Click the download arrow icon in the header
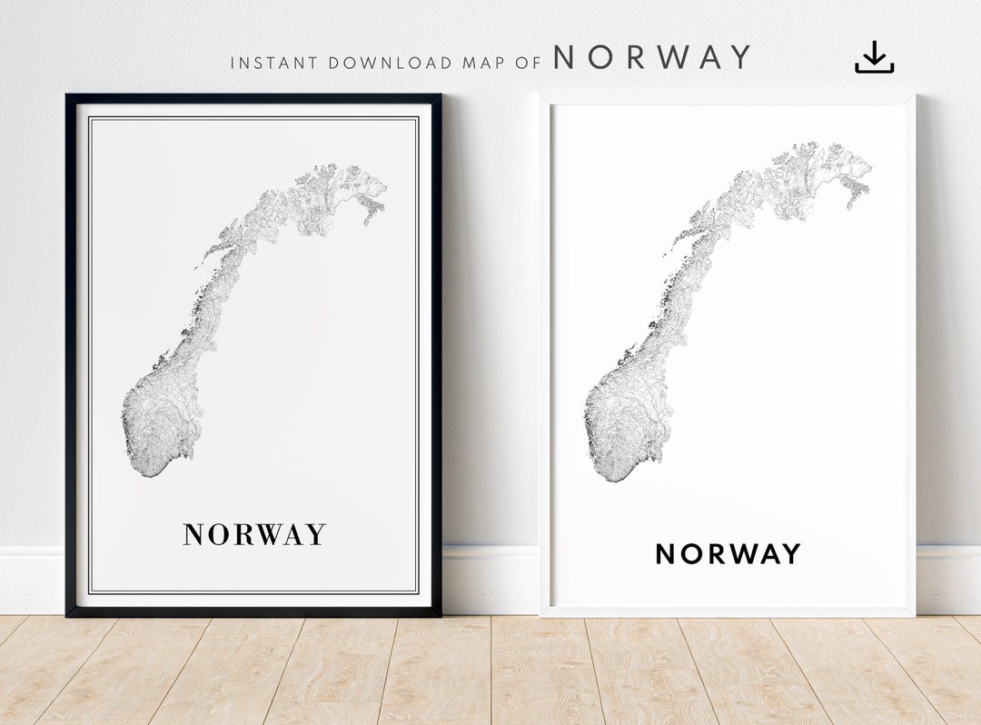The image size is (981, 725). point(874,57)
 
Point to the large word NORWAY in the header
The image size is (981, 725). point(652,57)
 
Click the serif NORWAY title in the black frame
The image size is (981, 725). point(254,534)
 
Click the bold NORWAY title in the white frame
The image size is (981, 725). point(728,553)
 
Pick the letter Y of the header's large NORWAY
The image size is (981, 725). point(739,57)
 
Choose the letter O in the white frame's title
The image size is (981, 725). point(693,553)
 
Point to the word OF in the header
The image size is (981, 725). point(530,63)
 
